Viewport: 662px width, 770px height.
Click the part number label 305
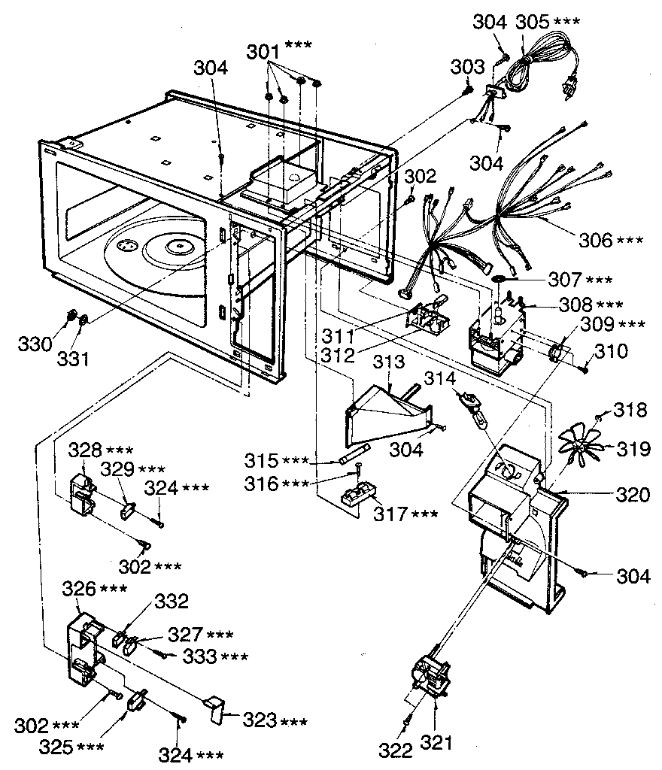tap(533, 22)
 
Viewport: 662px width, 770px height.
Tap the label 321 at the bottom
tap(437, 744)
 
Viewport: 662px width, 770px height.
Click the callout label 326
tap(84, 589)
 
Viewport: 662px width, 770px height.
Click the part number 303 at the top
tap(466, 68)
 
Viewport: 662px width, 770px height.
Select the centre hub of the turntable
tap(179, 245)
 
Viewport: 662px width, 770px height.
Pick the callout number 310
tap(610, 350)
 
